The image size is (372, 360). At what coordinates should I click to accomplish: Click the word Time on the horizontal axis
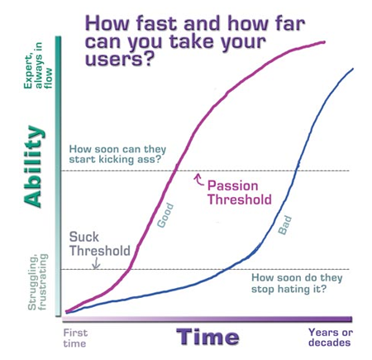(x=207, y=337)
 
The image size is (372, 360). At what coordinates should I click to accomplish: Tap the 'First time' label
(x=74, y=338)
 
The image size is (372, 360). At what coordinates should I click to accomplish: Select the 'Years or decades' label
(x=330, y=338)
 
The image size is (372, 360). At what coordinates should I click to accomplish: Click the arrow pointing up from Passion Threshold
(x=197, y=177)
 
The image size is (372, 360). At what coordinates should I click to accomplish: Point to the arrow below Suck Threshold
(x=98, y=264)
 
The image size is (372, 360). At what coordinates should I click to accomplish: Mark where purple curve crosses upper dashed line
(x=177, y=170)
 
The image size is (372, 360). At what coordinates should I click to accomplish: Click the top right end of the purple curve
(x=324, y=41)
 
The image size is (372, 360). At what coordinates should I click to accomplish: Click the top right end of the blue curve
(x=353, y=68)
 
